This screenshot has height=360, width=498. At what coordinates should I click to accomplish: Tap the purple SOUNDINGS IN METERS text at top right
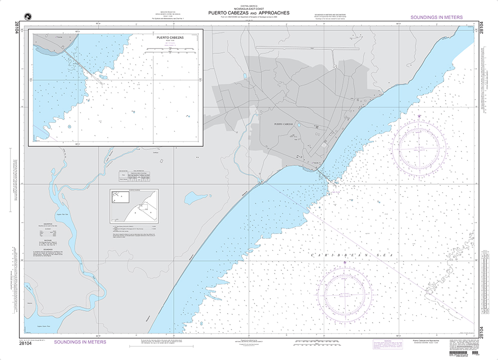436,17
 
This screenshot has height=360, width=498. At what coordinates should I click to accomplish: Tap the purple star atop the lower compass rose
345,262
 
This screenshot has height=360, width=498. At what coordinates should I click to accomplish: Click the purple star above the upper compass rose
419,116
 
